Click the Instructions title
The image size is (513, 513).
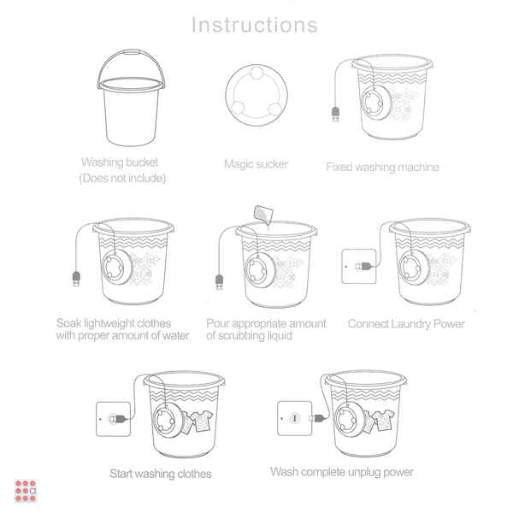(x=255, y=25)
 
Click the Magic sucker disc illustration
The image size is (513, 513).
(x=256, y=95)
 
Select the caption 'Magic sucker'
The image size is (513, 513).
(x=256, y=164)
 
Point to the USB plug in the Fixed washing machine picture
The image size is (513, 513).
(x=336, y=114)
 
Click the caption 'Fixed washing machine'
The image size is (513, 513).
(x=382, y=168)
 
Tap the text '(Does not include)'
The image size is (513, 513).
(x=122, y=179)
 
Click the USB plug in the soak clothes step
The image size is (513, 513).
(x=76, y=279)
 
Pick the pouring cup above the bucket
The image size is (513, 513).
(x=263, y=215)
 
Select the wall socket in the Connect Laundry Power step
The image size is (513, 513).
(x=359, y=266)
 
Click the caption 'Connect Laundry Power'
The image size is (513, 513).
(x=406, y=324)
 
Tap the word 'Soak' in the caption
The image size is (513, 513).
(x=68, y=323)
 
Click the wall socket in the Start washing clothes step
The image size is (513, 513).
(x=113, y=419)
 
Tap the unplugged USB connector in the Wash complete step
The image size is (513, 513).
(x=316, y=418)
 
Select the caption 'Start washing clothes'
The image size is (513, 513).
(x=161, y=474)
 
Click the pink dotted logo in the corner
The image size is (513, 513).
(x=26, y=491)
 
